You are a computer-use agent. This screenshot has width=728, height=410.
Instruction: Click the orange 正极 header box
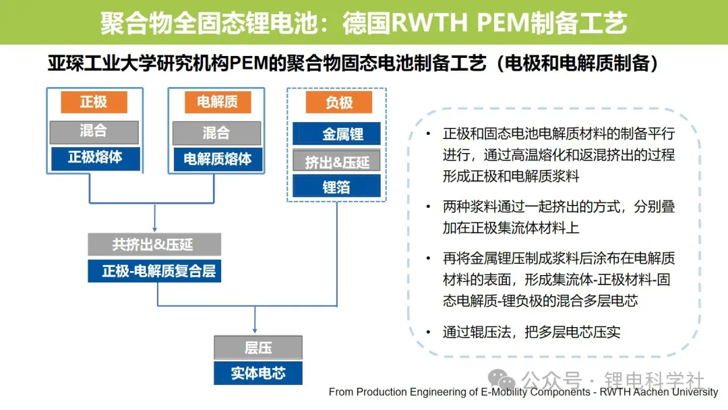coord(94,102)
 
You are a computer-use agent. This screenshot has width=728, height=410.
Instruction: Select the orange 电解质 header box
coord(218,102)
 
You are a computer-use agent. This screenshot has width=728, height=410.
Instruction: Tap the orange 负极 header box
coord(339,102)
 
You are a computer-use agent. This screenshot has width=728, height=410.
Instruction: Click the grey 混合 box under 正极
coord(94,132)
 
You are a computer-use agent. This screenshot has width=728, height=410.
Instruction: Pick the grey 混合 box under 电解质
coord(216,134)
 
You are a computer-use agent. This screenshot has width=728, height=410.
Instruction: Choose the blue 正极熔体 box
coord(95,158)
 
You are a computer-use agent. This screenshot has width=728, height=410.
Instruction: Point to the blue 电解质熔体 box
coord(217,159)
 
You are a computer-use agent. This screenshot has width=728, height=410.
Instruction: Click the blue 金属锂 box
coord(336,134)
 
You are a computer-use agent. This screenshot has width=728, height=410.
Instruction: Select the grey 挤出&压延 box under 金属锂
coord(336,161)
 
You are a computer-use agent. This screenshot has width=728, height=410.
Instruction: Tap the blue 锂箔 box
coord(336,186)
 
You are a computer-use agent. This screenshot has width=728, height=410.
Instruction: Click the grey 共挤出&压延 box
coord(154,245)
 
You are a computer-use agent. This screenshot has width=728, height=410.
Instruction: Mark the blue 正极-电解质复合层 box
coord(154,270)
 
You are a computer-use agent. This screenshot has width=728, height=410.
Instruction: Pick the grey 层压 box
coord(258,347)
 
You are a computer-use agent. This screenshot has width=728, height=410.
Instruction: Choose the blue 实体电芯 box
coord(258,374)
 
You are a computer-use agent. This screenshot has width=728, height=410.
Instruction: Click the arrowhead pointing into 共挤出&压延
coord(154,229)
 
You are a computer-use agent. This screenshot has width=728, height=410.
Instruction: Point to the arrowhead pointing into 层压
coord(254,330)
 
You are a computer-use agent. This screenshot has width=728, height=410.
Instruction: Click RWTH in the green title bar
coord(429,23)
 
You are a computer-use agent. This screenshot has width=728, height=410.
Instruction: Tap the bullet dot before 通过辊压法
coord(428,332)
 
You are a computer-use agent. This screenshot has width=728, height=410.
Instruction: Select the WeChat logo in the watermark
coord(502,380)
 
